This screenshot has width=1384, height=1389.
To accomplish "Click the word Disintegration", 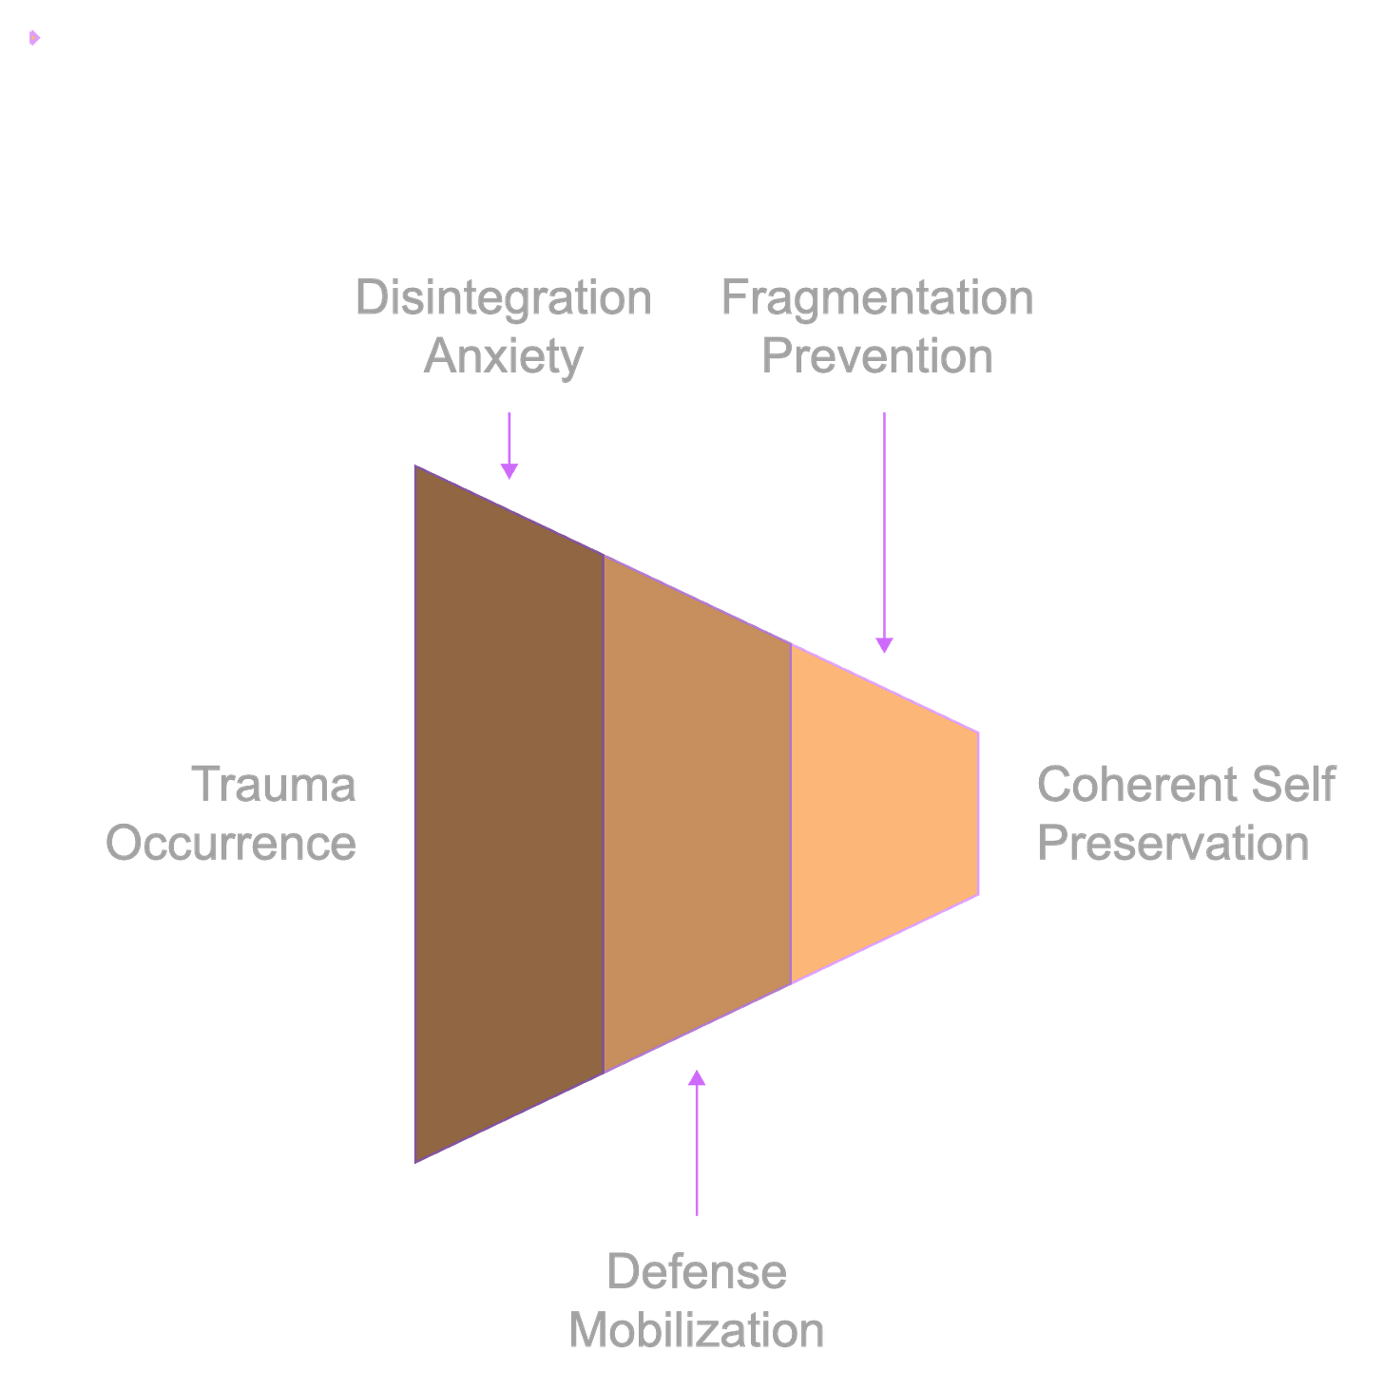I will tap(503, 298).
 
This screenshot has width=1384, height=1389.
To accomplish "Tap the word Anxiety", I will tap(503, 356).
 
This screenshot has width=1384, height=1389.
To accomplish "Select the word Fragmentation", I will tap(877, 298).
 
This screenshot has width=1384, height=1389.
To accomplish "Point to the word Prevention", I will tap(877, 356).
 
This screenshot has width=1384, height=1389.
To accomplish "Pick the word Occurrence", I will tap(232, 844).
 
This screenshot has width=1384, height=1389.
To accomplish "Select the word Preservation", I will tap(1174, 844).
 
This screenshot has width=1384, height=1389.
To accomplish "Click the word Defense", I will tap(697, 1271).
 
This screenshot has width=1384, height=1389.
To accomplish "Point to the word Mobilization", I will tap(697, 1330).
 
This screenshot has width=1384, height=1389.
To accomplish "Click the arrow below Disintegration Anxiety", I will tap(509, 445).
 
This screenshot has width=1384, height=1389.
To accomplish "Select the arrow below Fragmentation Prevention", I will tap(884, 532).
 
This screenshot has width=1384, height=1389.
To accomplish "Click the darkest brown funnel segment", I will tap(509, 813).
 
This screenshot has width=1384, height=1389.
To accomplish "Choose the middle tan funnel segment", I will tap(698, 813).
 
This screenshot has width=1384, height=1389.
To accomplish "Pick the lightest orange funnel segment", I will tap(884, 813).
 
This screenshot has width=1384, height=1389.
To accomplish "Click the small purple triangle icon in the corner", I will tap(34, 38).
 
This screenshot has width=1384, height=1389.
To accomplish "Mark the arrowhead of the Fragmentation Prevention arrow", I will tap(884, 646).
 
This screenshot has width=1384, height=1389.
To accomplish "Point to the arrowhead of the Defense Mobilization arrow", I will tap(697, 1077).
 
